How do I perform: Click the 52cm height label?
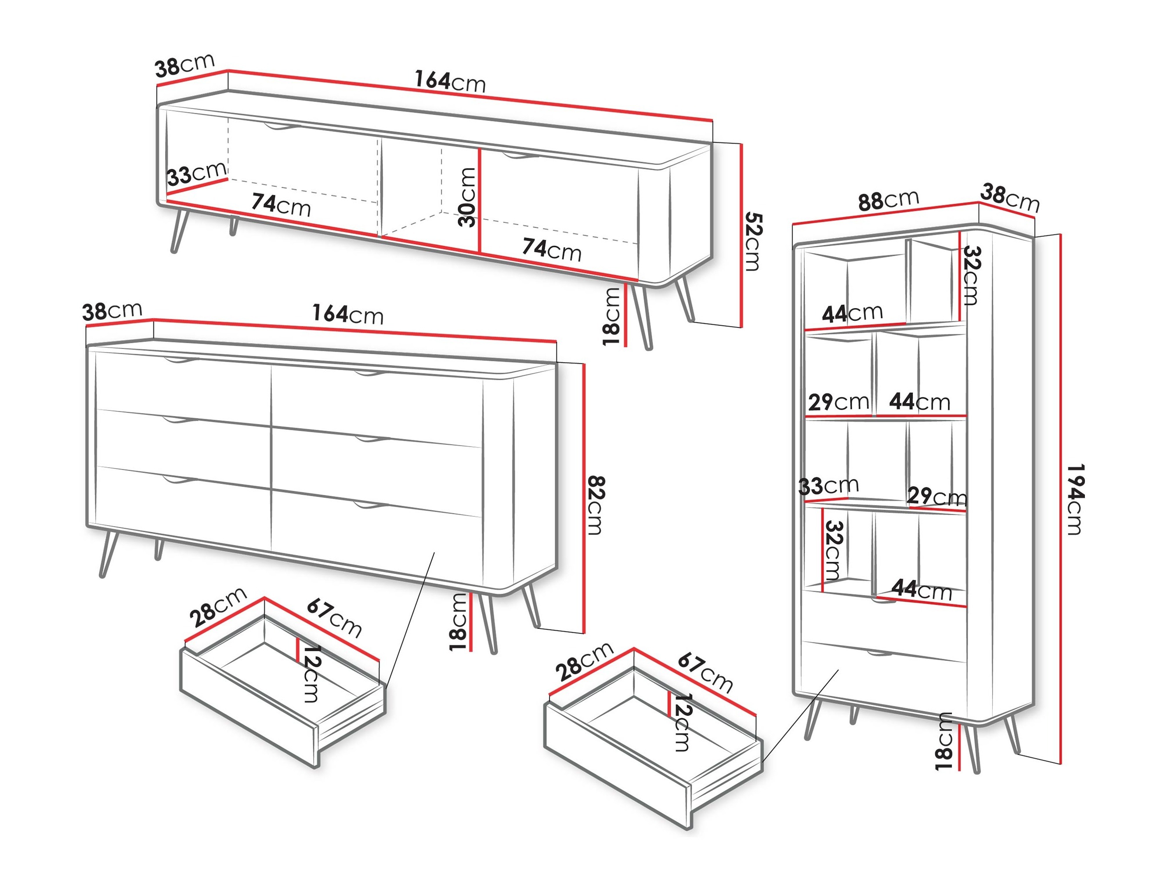[753, 242]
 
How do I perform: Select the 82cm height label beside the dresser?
[596, 505]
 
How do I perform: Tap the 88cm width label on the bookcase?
[888, 200]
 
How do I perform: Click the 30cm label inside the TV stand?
[467, 197]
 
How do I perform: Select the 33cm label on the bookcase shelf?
[828, 485]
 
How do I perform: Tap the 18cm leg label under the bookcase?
[944, 741]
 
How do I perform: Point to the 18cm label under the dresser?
[459, 622]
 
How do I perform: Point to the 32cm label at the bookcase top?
[970, 276]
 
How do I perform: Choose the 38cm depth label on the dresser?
[112, 311]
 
